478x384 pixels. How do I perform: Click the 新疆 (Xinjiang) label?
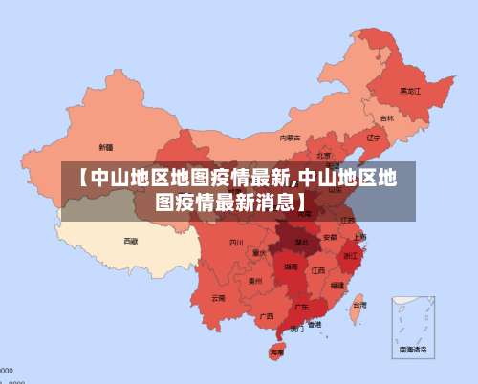(106, 147)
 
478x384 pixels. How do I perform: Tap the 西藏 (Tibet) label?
(131, 241)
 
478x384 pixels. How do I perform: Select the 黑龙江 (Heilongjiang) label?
(409, 91)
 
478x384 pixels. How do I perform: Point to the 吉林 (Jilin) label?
(387, 118)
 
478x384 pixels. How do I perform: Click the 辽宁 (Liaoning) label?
(374, 138)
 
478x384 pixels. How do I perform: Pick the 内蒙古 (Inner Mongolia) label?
(291, 138)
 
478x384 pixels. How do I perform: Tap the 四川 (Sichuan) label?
(236, 243)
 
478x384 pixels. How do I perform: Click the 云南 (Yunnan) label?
(219, 298)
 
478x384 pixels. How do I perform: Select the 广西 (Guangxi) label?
(266, 315)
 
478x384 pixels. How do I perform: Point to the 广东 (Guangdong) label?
(301, 308)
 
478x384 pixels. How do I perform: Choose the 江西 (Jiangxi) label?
(318, 270)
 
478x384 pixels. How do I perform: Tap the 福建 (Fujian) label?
(337, 285)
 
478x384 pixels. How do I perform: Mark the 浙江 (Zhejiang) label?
(351, 256)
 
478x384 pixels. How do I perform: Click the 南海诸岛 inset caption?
(414, 351)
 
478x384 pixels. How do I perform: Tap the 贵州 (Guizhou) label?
(255, 281)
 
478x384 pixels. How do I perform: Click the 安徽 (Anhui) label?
(330, 236)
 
